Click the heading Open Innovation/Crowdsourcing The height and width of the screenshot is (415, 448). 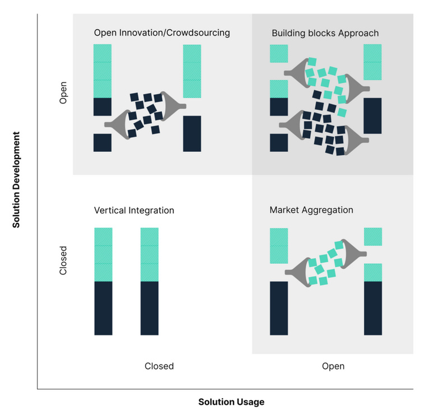point(162,33)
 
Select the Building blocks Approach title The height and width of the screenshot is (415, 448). point(325,33)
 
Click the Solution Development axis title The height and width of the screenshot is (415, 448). point(16,180)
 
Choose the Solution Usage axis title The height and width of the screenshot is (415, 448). point(231,402)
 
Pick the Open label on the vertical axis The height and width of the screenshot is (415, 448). point(63,93)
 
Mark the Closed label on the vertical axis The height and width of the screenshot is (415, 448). point(63,260)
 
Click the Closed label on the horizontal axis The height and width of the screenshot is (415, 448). point(159,366)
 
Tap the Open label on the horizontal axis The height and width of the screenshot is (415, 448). point(333,366)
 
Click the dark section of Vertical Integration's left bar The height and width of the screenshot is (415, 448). point(103,308)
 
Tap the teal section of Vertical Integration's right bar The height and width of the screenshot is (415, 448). point(149,254)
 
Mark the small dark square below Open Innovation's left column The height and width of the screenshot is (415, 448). point(102,142)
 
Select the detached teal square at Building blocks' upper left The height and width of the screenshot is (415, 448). point(279,54)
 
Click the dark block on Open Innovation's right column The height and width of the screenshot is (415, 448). point(192,133)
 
